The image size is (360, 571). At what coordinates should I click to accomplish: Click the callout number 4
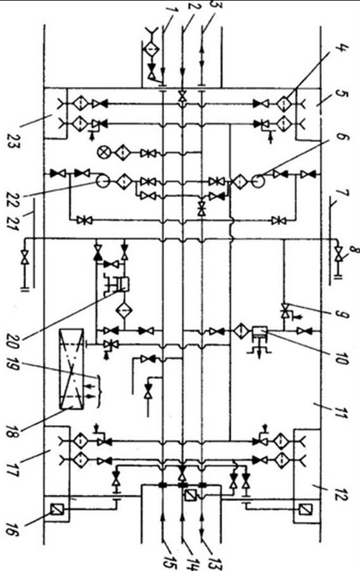342,50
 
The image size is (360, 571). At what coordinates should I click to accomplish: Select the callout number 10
342,357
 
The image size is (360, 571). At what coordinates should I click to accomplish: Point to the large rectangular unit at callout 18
72,369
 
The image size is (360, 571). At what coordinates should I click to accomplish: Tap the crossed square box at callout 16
56,508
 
